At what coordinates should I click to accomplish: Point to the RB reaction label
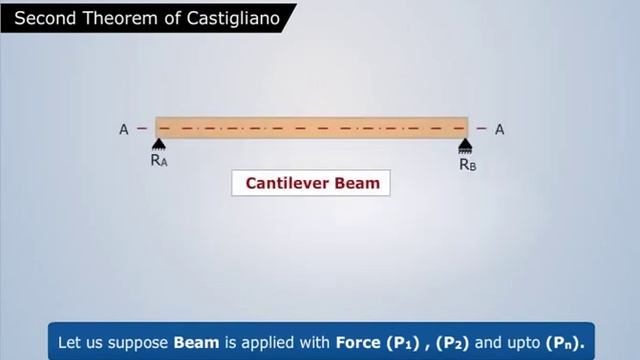pyautogui.click(x=467, y=164)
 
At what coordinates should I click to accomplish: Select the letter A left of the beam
pyautogui.click(x=124, y=129)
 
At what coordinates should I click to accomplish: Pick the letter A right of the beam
pyautogui.click(x=499, y=129)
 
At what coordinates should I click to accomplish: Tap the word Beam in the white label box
pyautogui.click(x=357, y=184)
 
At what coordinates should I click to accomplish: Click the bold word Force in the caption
pyautogui.click(x=357, y=341)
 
